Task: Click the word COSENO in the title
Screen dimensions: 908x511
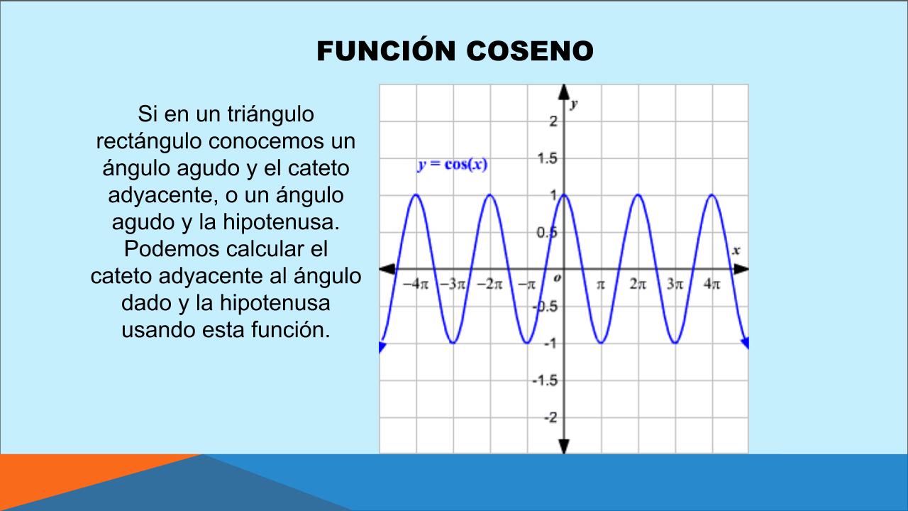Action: coord(530,51)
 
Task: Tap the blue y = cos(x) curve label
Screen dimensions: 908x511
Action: coord(453,165)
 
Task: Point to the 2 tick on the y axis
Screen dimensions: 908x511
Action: coord(553,121)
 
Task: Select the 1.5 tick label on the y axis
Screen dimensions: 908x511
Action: coord(547,158)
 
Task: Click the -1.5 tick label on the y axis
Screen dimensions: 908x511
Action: coord(546,380)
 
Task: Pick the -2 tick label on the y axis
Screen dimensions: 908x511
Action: coord(551,417)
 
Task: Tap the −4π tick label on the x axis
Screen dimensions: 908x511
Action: coord(416,285)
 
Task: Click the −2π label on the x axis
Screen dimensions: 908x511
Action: coord(489,285)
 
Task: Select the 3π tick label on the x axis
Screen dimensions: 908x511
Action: coord(675,285)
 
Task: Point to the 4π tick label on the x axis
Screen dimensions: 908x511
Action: coord(712,285)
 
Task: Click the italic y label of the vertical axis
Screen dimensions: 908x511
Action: coord(574,104)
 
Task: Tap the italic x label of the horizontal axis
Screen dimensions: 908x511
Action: coord(736,251)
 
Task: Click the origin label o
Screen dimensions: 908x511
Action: coord(558,278)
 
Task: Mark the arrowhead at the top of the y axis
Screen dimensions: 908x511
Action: coord(564,92)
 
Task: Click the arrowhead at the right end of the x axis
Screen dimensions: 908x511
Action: coord(741,268)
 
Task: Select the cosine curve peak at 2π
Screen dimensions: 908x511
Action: coord(638,195)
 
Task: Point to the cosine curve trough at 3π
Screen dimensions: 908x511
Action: coord(675,343)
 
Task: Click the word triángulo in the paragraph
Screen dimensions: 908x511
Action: coord(270,114)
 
